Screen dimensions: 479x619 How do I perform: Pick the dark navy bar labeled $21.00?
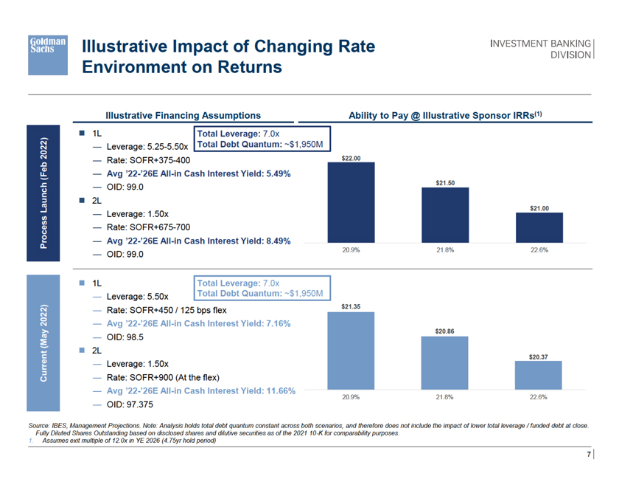pyautogui.click(x=539, y=227)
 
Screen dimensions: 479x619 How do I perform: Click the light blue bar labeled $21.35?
pyautogui.click(x=351, y=351)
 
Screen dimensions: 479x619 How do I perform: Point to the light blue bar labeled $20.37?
pyautogui.click(x=539, y=376)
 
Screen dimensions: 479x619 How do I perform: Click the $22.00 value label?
pyautogui.click(x=351, y=158)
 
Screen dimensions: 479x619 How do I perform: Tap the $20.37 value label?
pyautogui.click(x=539, y=356)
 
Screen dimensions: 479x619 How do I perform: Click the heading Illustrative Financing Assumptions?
pyautogui.click(x=183, y=115)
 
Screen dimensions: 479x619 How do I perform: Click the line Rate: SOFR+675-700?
pyautogui.click(x=149, y=227)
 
